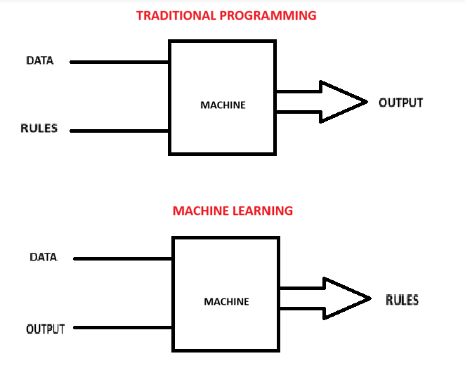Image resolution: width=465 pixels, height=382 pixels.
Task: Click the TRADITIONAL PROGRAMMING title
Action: coord(226,15)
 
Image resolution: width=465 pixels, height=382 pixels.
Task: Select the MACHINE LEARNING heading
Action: coord(232,211)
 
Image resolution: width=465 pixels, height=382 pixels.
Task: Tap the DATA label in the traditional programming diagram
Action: coord(40,61)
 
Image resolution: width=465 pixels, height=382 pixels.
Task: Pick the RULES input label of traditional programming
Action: coord(39,129)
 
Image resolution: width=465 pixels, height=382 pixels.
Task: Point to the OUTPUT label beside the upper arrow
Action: coord(400,103)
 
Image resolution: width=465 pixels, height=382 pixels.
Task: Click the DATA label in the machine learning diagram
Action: coord(43,257)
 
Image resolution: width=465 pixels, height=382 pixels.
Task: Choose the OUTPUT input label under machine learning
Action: coord(46,328)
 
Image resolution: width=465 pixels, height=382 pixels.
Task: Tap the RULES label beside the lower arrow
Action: coord(402,300)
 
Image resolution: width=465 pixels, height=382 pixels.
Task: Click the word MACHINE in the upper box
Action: coord(223,105)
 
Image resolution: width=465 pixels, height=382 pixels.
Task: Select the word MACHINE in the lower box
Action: coord(226,302)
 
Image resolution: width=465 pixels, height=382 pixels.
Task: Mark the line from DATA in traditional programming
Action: coord(119,62)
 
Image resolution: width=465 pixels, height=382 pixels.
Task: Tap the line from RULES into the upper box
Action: coord(119,131)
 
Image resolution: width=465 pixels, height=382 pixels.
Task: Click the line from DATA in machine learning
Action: coord(123,258)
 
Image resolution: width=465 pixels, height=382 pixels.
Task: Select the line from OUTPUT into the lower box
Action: coord(123,327)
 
